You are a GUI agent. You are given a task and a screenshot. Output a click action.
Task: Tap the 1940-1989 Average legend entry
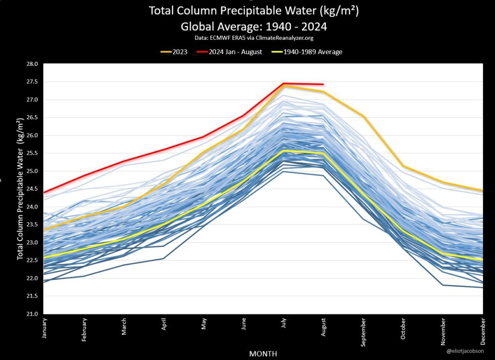309,52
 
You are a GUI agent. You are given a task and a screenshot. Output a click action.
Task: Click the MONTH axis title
263,354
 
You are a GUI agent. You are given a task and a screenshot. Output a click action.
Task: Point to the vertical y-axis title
21,189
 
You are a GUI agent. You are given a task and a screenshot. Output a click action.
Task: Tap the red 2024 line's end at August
323,84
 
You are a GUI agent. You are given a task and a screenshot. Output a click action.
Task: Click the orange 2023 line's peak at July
284,86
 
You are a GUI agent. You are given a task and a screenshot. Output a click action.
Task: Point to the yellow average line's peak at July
284,150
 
